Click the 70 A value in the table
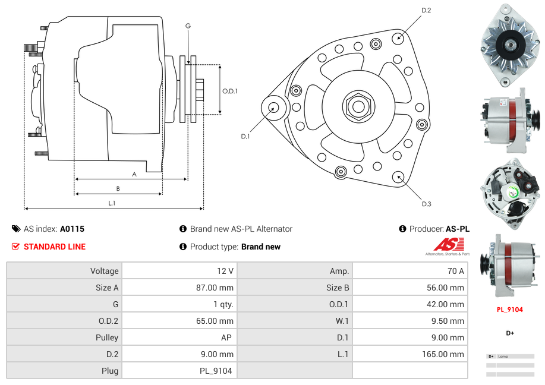(x=455, y=271)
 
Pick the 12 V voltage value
(x=225, y=271)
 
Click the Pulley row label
(x=107, y=337)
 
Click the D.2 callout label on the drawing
(x=426, y=11)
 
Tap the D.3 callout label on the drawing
(x=426, y=204)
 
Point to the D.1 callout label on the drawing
(x=245, y=137)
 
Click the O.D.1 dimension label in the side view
(x=230, y=91)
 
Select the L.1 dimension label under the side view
(x=112, y=203)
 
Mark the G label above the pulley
(x=188, y=26)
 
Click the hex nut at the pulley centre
(x=357, y=107)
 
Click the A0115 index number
(x=72, y=229)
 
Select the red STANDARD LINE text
(x=55, y=247)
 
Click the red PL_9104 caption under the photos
(x=510, y=310)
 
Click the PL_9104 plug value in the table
(x=216, y=371)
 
